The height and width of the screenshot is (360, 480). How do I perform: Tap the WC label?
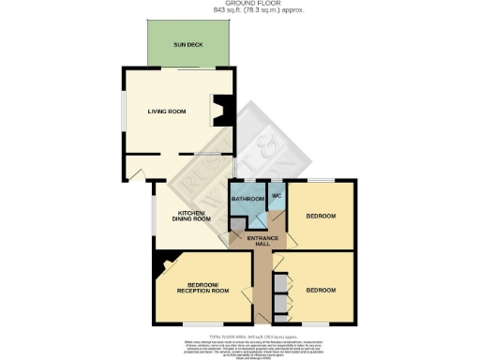point(277,195)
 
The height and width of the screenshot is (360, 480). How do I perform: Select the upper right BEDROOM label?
point(321,216)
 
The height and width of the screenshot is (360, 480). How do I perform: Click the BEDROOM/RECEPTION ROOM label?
point(203,288)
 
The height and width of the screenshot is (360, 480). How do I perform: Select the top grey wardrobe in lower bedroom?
point(279,283)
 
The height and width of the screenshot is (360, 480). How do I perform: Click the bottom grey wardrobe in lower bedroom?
point(279,307)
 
